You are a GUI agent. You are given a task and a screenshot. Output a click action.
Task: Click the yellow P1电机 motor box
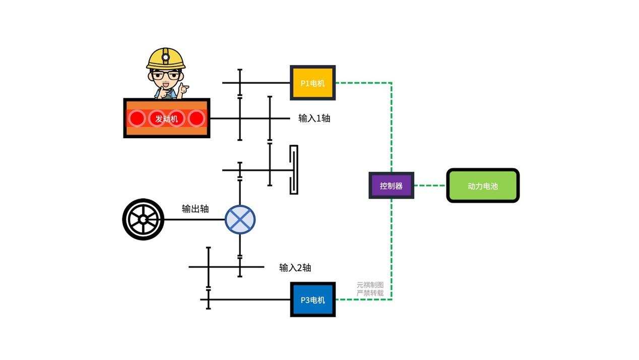pyautogui.click(x=312, y=83)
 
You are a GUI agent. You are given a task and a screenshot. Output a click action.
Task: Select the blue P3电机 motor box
pyautogui.click(x=312, y=299)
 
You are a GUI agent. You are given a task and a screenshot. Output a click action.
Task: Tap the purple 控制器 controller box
pyautogui.click(x=391, y=186)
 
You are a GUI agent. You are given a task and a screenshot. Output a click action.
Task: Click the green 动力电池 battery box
pyautogui.click(x=482, y=186)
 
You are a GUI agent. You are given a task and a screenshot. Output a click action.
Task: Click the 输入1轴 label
pyautogui.click(x=314, y=118)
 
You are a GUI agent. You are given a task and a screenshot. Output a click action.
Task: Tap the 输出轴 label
pyautogui.click(x=195, y=208)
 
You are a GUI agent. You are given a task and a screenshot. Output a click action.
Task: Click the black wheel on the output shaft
pyautogui.click(x=143, y=219)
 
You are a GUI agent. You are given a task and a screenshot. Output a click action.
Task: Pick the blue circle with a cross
pyautogui.click(x=240, y=219)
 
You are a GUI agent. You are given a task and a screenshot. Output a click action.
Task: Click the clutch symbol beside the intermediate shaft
pyautogui.click(x=293, y=170)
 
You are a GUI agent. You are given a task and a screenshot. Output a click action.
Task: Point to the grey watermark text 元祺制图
pyautogui.click(x=370, y=285)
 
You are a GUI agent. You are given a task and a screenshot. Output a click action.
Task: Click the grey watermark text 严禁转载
pyautogui.click(x=370, y=293)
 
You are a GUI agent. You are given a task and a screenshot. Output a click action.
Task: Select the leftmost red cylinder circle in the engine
pyautogui.click(x=137, y=118)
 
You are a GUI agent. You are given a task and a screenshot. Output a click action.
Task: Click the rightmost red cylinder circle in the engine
pyautogui.click(x=197, y=118)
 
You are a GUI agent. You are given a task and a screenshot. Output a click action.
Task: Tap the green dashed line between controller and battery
pyautogui.click(x=430, y=186)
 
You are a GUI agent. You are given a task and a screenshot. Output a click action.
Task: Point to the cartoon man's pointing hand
pyautogui.click(x=183, y=89)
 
